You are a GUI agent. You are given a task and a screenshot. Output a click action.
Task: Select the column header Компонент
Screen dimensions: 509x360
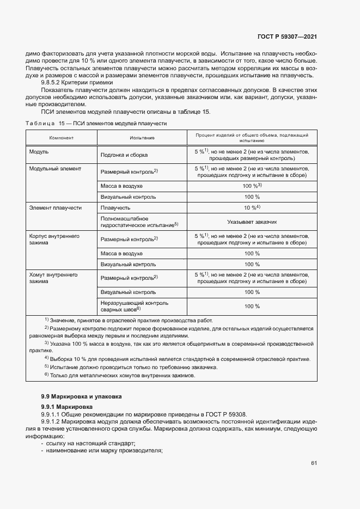pyautogui.click(x=62, y=138)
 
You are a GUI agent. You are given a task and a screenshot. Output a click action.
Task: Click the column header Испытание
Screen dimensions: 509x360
pyautogui.click(x=142, y=138)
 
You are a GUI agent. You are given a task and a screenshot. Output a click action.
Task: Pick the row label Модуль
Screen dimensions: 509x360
pyautogui.click(x=39, y=151)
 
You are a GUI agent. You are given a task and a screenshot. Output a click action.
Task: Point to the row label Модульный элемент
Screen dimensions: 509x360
pyautogui.click(x=55, y=169)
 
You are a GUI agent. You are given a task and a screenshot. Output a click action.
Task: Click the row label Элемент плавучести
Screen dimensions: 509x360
pyautogui.click(x=56, y=207)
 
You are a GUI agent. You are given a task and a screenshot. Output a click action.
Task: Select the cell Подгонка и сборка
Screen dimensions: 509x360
pyautogui.click(x=124, y=155)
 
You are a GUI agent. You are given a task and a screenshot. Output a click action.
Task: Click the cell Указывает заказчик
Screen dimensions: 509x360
pyautogui.click(x=252, y=222)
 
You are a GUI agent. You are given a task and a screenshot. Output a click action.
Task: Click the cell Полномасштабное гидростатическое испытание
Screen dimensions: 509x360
pyautogui.click(x=140, y=221)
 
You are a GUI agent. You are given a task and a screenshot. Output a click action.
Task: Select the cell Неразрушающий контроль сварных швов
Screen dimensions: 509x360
pyautogui.click(x=135, y=306)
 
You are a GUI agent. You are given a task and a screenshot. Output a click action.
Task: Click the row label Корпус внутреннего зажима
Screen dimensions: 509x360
pyautogui.click(x=54, y=240)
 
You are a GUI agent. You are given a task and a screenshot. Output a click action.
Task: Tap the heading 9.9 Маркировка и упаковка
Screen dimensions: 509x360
pyautogui.click(x=82, y=396)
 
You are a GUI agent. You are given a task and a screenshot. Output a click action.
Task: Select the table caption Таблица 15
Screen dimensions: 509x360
pyautogui.click(x=45, y=124)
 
